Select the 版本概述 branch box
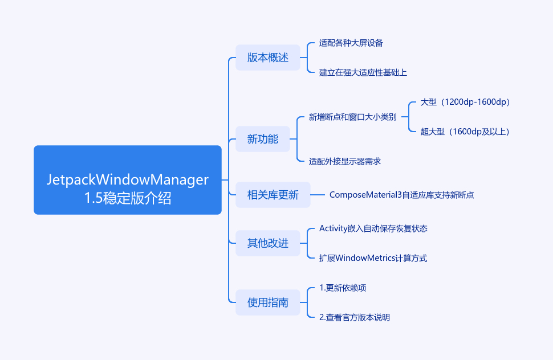(x=268, y=58)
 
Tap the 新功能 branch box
(x=263, y=138)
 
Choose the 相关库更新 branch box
(x=273, y=195)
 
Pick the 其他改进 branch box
(x=268, y=243)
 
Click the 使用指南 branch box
(x=268, y=302)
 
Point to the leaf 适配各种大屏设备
(x=351, y=43)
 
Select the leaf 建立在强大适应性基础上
(x=363, y=72)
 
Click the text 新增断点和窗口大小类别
(x=352, y=117)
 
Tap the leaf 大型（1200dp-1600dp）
(x=465, y=102)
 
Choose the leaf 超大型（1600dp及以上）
(x=465, y=132)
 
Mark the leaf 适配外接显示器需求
(x=345, y=161)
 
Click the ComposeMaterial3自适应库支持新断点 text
(x=402, y=195)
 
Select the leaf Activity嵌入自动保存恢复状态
(x=373, y=228)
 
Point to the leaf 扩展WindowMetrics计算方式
(x=373, y=258)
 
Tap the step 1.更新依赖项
(x=343, y=288)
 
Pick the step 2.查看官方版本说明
(x=355, y=317)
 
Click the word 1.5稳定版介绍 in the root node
(x=128, y=199)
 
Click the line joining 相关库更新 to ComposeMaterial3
(x=318, y=195)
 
